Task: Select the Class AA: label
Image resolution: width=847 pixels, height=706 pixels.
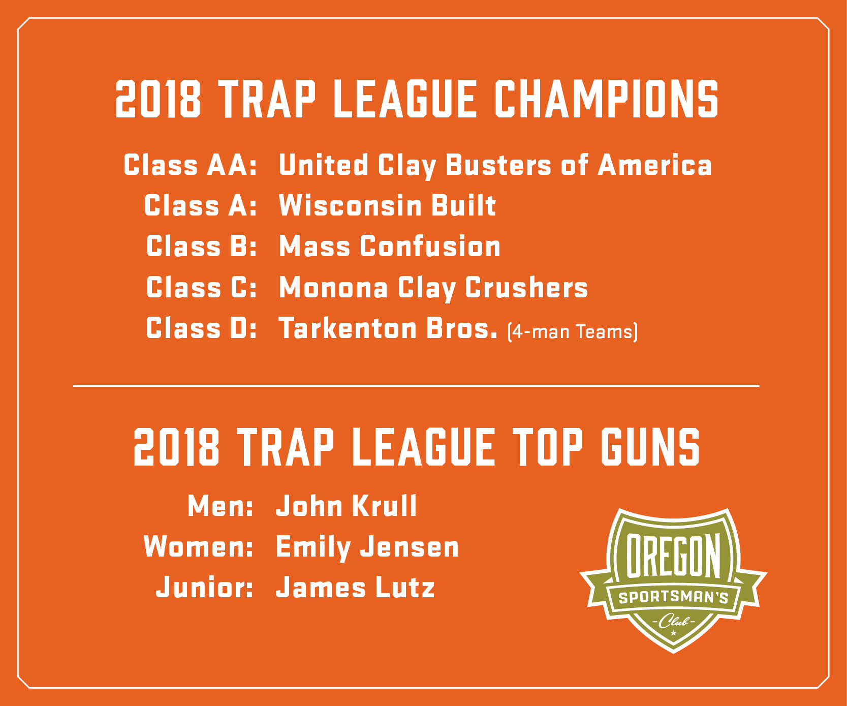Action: [x=190, y=165]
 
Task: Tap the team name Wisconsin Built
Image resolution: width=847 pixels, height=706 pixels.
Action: [x=387, y=206]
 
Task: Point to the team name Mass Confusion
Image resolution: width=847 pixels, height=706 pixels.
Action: [x=390, y=247]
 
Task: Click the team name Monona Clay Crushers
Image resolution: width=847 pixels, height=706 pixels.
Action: [x=433, y=288]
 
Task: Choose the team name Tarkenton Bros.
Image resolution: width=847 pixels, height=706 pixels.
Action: [x=388, y=328]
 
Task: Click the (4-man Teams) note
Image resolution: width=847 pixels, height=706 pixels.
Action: [x=572, y=332]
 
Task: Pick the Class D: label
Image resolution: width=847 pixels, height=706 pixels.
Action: [x=201, y=328]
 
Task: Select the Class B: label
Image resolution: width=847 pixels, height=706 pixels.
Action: [x=201, y=247]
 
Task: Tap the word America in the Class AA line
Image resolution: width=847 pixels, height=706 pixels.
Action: [x=654, y=165]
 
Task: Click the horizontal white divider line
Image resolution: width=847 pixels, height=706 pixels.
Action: [x=416, y=386]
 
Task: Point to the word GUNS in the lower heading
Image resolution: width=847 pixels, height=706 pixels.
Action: [x=650, y=447]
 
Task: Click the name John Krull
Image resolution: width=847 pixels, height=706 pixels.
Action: [x=346, y=506]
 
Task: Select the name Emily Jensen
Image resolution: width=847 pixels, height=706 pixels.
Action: [x=367, y=547]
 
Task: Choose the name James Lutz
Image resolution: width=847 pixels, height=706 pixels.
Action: [x=355, y=588]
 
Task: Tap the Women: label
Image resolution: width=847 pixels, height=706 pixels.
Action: [x=198, y=547]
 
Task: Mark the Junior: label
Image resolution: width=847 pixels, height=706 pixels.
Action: [x=204, y=588]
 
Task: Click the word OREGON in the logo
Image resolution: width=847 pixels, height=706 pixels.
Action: [x=673, y=556]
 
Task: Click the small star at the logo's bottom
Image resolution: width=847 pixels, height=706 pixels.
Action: [x=674, y=633]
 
